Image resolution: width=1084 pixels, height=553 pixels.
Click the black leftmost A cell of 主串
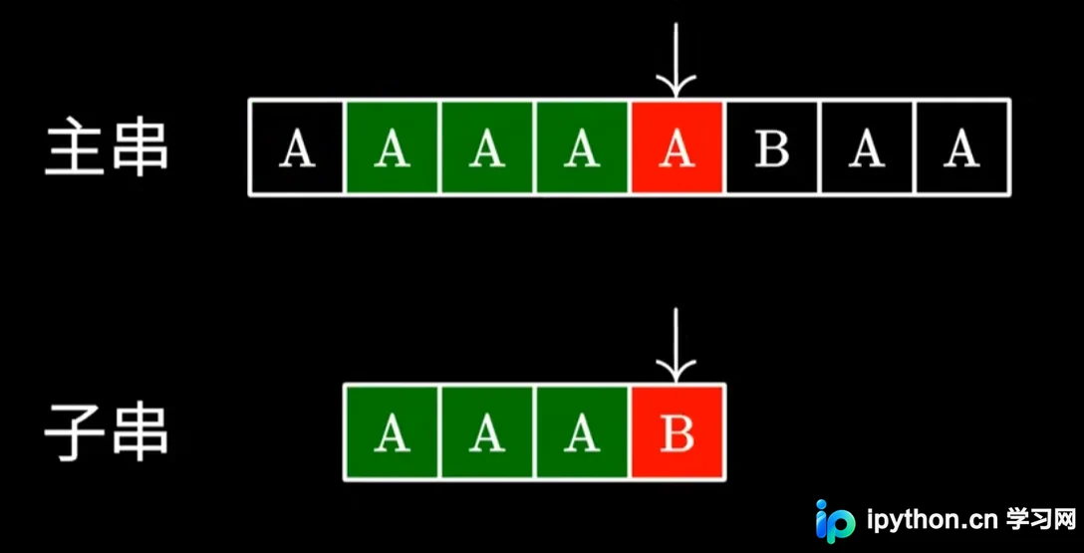point(297,147)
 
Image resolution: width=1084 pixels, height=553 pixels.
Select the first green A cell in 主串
point(392,147)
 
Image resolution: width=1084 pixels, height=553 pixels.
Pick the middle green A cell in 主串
point(487,147)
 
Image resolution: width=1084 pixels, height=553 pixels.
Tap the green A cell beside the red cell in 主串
point(582,147)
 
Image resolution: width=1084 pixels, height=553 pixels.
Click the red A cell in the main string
point(677,147)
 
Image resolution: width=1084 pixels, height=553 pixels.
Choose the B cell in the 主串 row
point(771,147)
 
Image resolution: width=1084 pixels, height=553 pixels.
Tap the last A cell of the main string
point(961,147)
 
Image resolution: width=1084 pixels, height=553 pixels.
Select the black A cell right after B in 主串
point(867,147)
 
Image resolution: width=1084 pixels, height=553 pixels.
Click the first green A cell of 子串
point(392,432)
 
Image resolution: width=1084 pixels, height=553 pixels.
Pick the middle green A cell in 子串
point(487,432)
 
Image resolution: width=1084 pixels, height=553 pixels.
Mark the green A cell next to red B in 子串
point(582,432)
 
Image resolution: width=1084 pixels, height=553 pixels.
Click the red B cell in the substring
point(677,432)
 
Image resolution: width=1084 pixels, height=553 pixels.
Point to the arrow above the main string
point(677,60)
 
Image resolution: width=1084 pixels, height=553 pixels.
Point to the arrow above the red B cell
point(677,346)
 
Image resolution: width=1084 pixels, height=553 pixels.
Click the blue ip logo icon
point(835,520)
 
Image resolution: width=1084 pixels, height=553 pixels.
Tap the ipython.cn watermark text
point(933,520)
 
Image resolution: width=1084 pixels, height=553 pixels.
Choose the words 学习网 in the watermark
point(1041,518)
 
